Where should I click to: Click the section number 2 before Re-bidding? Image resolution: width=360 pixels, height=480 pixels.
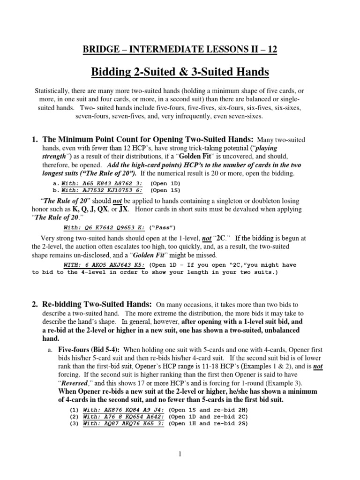(x=35, y=304)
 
